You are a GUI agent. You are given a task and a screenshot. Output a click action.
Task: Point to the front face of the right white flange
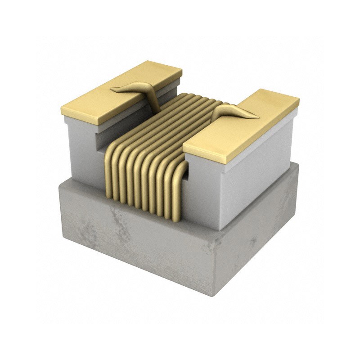point(202,193)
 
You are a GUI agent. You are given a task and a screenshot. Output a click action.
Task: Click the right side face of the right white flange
point(261,166)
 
